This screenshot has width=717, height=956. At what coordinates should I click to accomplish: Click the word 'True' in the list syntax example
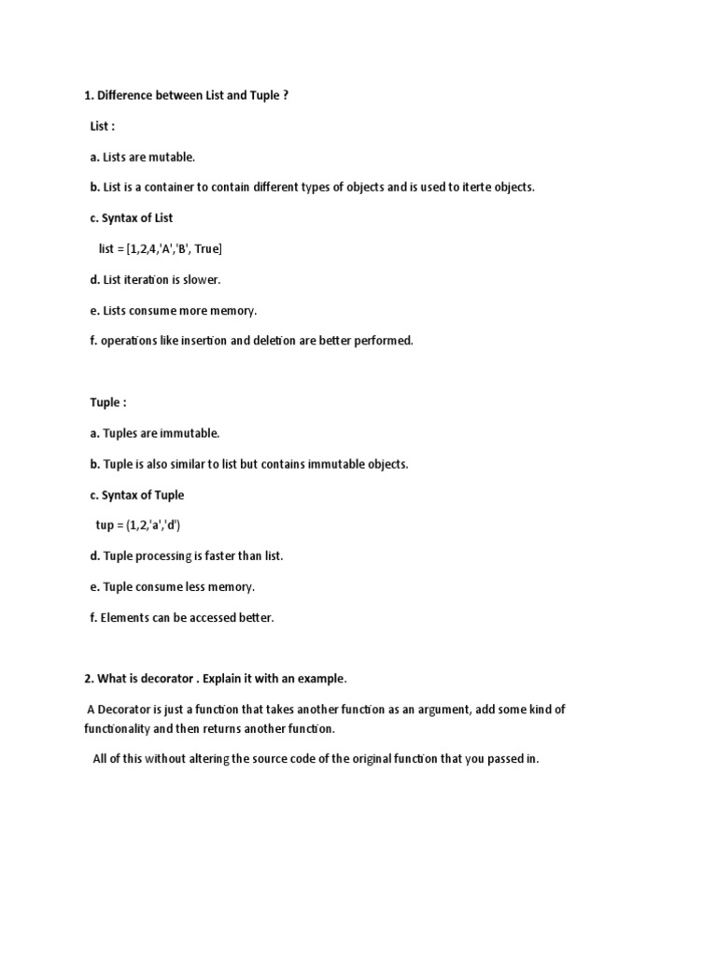[206, 248]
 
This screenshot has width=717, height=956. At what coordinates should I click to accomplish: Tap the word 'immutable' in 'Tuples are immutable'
[190, 433]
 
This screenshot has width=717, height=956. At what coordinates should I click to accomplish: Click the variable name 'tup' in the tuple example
[105, 526]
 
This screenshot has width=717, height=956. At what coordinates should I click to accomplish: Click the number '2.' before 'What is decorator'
[89, 678]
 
